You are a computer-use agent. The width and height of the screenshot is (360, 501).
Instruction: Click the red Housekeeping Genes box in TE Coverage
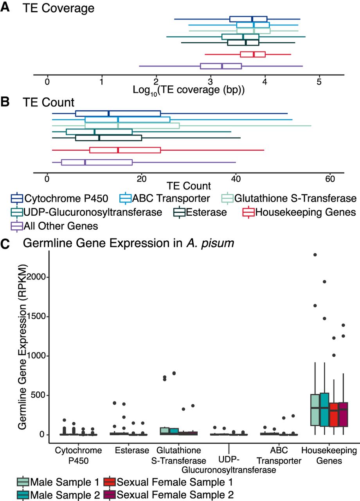[x=253, y=54]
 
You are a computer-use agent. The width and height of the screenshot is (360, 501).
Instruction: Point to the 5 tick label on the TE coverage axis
[x=319, y=83]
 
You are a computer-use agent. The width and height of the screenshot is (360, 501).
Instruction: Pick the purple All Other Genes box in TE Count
[x=97, y=162]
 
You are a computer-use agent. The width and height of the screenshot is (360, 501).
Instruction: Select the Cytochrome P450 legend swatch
[x=17, y=198]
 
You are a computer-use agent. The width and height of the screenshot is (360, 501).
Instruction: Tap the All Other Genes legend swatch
[x=17, y=226]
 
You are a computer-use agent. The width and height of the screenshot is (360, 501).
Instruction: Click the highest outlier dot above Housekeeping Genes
[x=315, y=255]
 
